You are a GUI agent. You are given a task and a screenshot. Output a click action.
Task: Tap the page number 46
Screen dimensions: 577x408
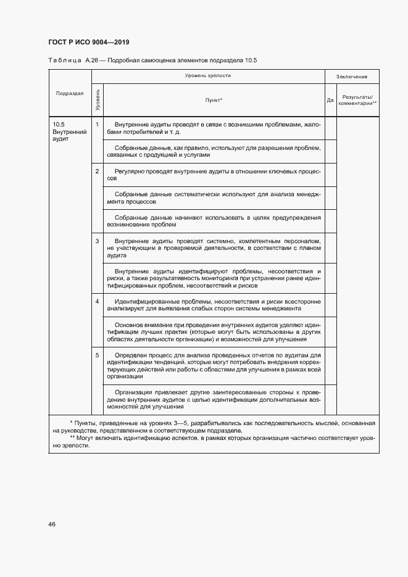[52, 524]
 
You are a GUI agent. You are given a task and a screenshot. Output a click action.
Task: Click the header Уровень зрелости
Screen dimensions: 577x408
[207, 75]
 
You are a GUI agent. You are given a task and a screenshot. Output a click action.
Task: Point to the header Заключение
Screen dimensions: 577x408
[352, 77]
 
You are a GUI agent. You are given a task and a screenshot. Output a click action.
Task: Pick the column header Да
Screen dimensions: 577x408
[330, 99]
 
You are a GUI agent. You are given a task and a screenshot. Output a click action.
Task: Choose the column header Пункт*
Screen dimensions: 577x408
[214, 99]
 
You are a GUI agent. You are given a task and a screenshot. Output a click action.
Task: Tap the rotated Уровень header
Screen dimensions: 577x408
[98, 99]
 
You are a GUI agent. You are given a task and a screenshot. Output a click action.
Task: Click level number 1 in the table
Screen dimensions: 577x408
[97, 124]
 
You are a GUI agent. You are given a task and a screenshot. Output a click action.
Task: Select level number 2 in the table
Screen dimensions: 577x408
[97, 170]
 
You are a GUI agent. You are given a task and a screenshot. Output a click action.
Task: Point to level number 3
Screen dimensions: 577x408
[97, 240]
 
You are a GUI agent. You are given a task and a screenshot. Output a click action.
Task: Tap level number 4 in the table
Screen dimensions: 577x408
[97, 301]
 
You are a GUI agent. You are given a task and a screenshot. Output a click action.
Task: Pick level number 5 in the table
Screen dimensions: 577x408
[97, 355]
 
